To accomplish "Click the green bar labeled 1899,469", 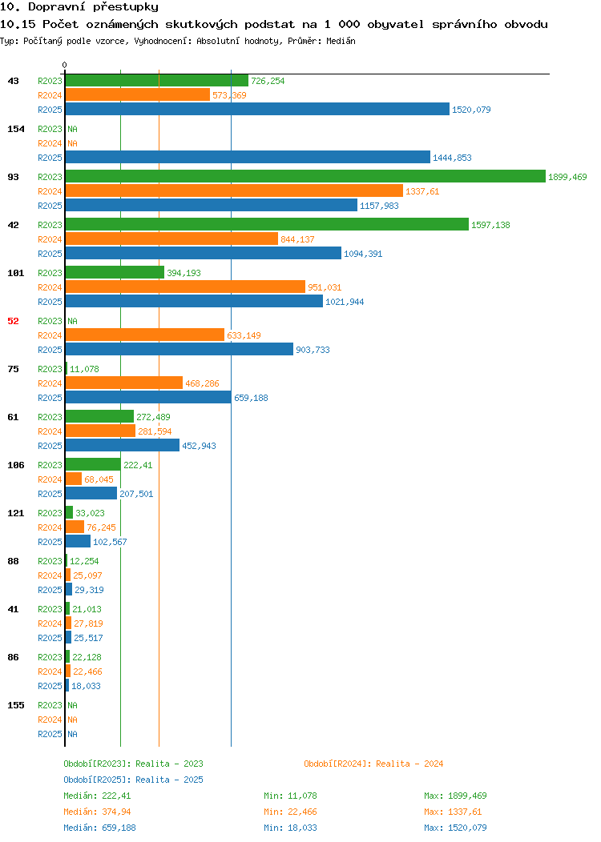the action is click(x=305, y=177).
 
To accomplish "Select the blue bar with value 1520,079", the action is click(x=257, y=109).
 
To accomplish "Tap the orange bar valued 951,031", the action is click(x=185, y=287).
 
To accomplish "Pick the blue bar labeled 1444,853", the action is click(x=248, y=158).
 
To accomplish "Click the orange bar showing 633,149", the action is click(x=145, y=335).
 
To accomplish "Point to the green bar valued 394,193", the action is click(x=115, y=273).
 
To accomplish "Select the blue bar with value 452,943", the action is click(x=123, y=446).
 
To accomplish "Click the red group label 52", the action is click(x=14, y=321).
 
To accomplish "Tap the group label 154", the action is click(x=16, y=129).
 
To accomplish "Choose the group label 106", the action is click(x=16, y=465).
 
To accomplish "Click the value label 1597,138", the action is click(x=490, y=225).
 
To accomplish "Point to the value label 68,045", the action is click(x=99, y=479).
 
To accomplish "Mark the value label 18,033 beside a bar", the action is click(x=86, y=686).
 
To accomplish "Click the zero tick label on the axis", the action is click(x=65, y=66).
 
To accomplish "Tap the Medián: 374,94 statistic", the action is click(x=97, y=812).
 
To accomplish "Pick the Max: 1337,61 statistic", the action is click(x=453, y=812).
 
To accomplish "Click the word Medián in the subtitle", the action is click(x=341, y=41).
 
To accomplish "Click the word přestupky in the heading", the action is click(x=126, y=7).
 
